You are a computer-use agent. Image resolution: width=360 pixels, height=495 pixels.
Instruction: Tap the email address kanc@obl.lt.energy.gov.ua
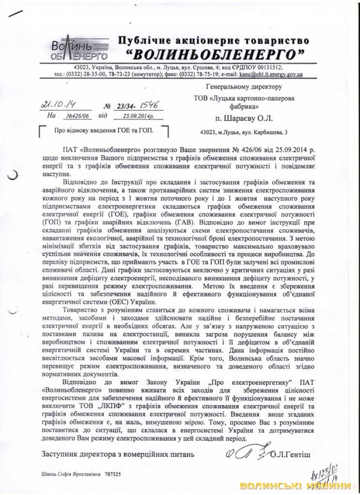(271, 74)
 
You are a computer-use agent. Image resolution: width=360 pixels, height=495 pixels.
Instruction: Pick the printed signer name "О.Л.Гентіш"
(295, 453)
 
